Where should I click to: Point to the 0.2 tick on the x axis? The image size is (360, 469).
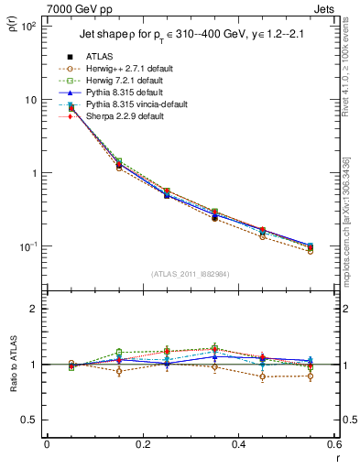click(142, 444)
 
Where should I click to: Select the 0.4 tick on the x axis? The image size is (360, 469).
click(237, 444)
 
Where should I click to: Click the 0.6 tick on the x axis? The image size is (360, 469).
click(333, 444)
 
